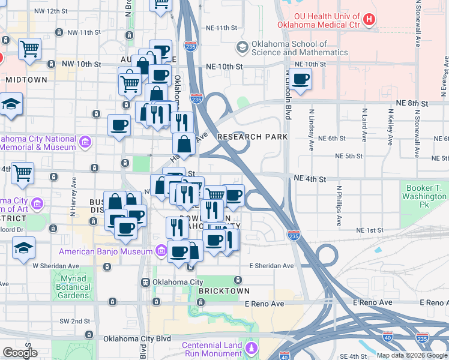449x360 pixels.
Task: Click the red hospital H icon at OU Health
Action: click(x=369, y=19)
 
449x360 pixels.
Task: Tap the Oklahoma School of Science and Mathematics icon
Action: click(x=243, y=47)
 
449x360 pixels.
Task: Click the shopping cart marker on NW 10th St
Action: click(x=29, y=49)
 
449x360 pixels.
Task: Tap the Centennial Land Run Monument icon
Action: click(x=251, y=347)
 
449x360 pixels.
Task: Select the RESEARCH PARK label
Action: click(x=253, y=137)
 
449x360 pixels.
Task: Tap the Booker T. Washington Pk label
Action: click(x=424, y=196)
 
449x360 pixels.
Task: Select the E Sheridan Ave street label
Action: click(x=272, y=266)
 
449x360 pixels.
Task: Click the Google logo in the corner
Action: click(x=20, y=353)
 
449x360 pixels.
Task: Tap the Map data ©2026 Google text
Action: click(x=412, y=355)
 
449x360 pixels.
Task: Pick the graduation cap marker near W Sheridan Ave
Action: click(x=23, y=247)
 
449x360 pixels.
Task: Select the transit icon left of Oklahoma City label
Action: click(x=145, y=282)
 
